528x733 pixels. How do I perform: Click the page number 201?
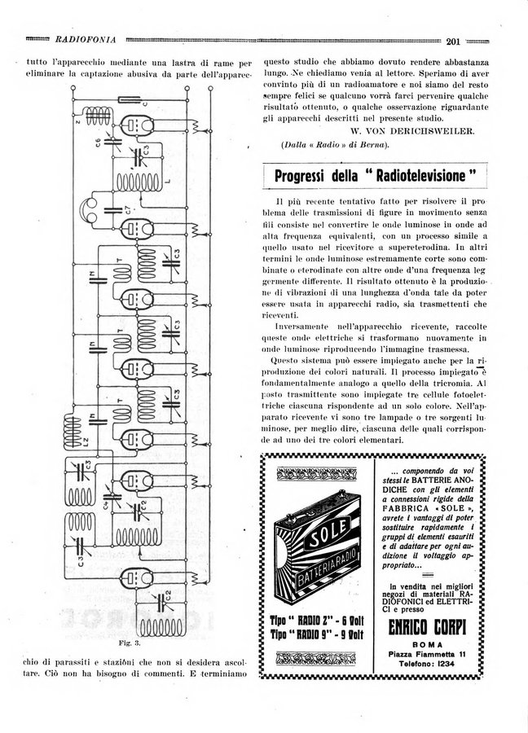pos(455,40)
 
